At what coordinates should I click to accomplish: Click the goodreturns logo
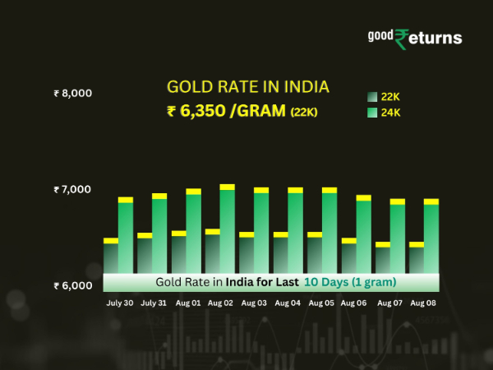(x=414, y=38)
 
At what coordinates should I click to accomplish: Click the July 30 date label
(x=120, y=303)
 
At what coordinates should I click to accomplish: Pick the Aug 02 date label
(x=220, y=303)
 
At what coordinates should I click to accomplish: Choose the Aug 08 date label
(x=423, y=303)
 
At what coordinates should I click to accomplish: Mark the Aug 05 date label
(x=322, y=303)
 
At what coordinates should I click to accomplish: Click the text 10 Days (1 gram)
(x=350, y=282)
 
